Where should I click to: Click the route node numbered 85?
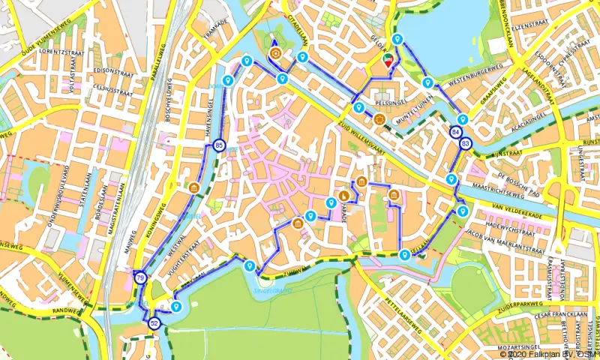[x=218, y=145]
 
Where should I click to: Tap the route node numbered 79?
[x=140, y=279]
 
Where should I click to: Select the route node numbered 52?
[x=154, y=323]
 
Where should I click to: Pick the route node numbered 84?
[x=456, y=133]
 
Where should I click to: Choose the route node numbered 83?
[x=466, y=143]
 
